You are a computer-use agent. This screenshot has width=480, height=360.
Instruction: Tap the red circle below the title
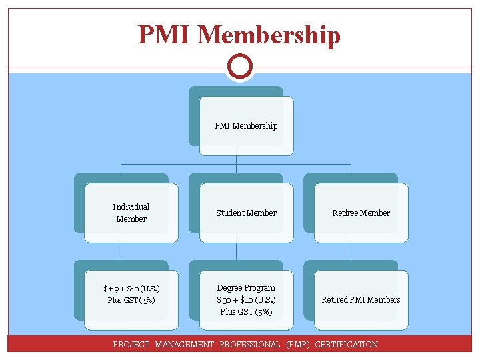point(239,66)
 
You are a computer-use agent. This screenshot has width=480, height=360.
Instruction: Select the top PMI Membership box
point(246,125)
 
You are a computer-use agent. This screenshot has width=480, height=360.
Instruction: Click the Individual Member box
point(131,213)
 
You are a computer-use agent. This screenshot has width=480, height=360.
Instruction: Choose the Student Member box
point(246,213)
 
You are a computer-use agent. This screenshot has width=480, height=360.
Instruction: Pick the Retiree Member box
point(361,213)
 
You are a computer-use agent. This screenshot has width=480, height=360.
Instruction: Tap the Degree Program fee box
point(246,299)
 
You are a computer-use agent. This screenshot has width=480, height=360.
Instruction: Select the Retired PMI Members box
point(361,299)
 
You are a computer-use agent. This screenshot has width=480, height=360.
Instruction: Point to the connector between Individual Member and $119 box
point(121,251)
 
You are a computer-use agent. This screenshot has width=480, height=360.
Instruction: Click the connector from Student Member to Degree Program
point(236,251)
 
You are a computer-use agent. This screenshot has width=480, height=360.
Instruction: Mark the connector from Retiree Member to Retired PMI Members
point(351,251)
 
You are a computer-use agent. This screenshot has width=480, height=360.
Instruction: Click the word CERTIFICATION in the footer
point(346,345)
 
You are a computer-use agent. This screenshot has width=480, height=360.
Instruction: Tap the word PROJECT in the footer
point(131,345)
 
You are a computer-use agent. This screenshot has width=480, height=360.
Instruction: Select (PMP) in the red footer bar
point(297,345)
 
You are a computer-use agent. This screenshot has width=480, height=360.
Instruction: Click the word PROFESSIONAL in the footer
point(249,345)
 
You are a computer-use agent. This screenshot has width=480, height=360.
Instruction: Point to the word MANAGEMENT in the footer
point(185,345)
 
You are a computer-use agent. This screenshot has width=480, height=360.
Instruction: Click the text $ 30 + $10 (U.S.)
point(246,299)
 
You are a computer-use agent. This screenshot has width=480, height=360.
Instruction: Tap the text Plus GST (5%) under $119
point(131,300)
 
